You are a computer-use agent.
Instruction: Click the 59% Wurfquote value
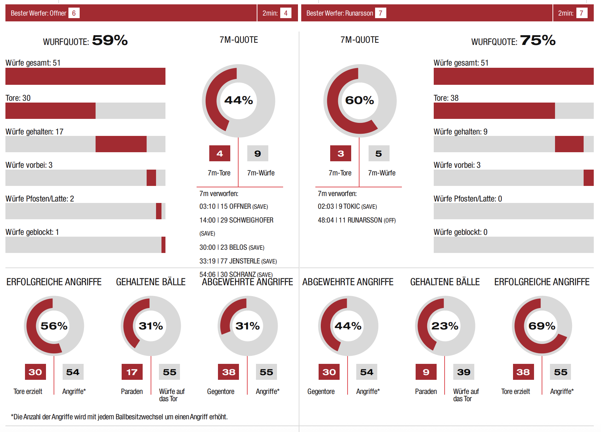point(110,40)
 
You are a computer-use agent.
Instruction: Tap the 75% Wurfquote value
point(538,40)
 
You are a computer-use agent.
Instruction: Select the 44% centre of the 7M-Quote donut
point(239,100)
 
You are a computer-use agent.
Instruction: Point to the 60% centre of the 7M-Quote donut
point(360,100)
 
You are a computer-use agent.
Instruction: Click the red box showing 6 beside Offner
point(74,13)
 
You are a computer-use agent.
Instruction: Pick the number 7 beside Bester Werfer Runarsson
point(381,13)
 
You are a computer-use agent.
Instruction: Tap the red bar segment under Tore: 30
point(50,111)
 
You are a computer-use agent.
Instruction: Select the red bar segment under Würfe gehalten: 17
point(121,144)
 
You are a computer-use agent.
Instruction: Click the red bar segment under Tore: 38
point(494,111)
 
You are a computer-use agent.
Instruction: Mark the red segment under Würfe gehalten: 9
point(569,144)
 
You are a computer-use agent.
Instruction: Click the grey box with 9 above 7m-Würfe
point(258,153)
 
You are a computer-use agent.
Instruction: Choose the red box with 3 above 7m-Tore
point(341,153)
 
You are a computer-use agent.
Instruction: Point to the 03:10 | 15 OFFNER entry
point(234,207)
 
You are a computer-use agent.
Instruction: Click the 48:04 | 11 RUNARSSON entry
point(357,220)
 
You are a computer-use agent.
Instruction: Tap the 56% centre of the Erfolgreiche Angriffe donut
point(54,326)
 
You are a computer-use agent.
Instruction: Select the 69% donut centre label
point(542,326)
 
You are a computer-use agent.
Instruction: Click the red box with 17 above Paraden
point(132,372)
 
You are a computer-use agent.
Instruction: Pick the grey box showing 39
point(464,372)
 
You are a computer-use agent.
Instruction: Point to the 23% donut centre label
point(445,326)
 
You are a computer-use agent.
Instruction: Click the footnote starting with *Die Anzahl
point(119,417)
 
